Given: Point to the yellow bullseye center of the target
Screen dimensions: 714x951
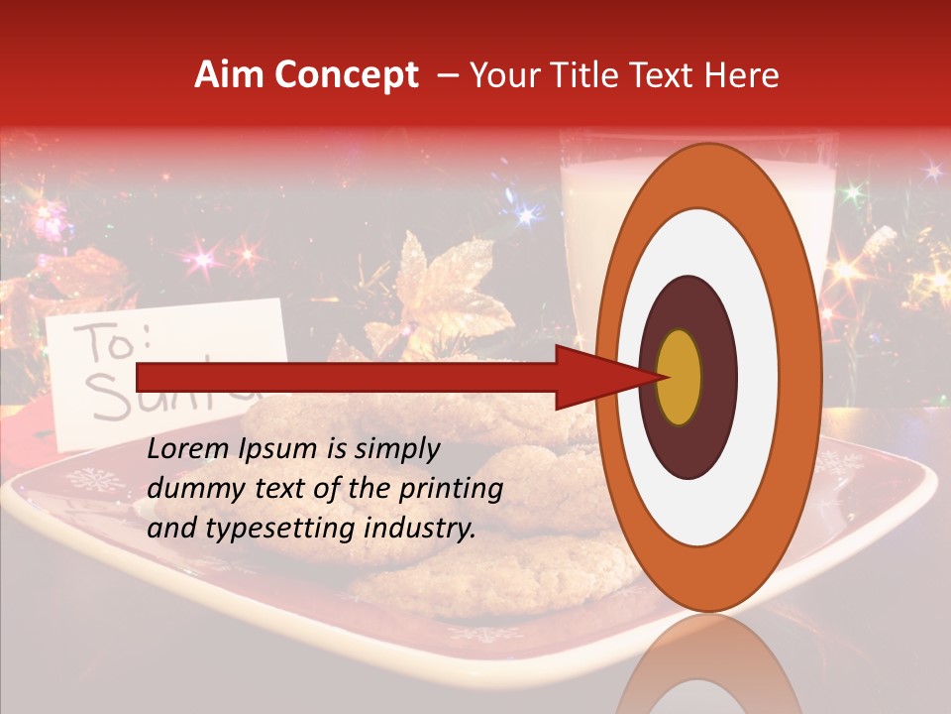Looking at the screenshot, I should pyautogui.click(x=679, y=377).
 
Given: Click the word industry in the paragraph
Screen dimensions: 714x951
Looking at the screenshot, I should pyautogui.click(x=419, y=529).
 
